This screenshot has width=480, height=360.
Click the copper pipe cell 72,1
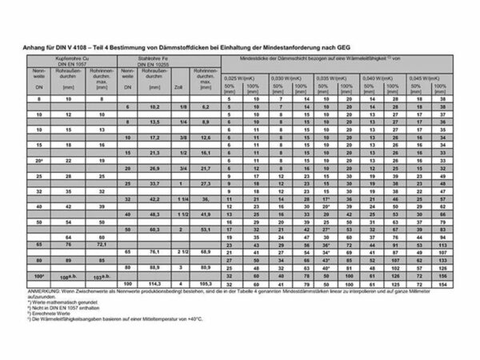(102, 244)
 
